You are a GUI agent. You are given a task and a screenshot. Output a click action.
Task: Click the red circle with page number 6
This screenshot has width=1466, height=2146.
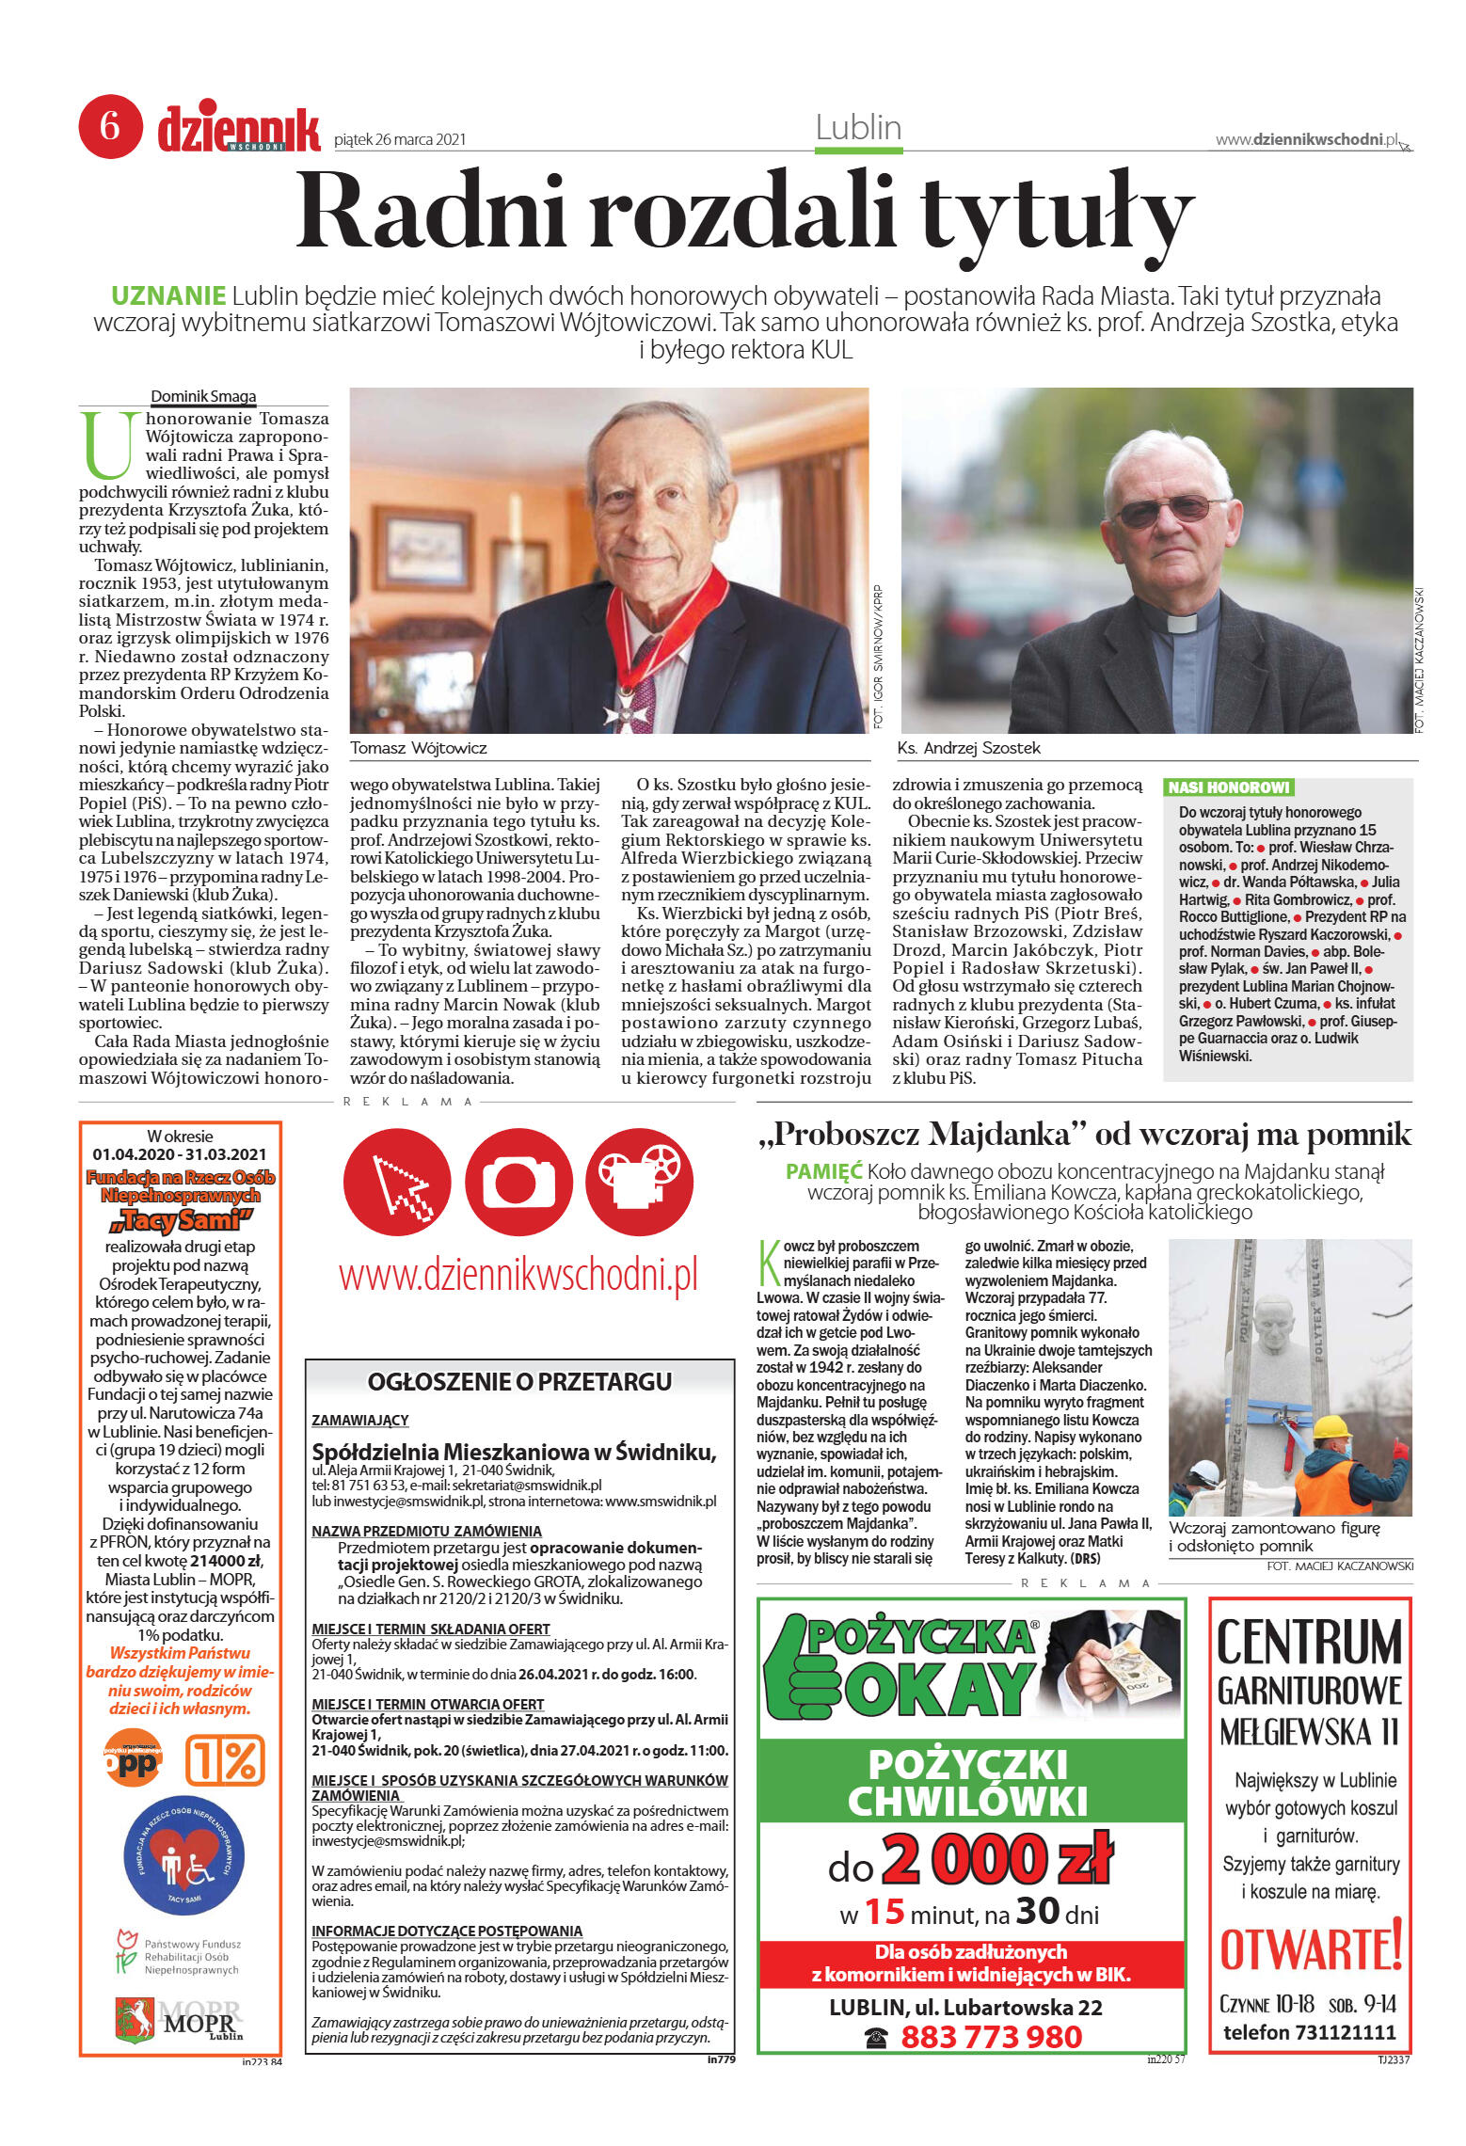click(x=110, y=125)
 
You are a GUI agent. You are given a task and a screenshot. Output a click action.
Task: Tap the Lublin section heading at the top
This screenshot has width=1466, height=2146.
click(x=858, y=128)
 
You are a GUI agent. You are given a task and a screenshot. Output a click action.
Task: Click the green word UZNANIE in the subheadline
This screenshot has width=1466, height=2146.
click(x=168, y=295)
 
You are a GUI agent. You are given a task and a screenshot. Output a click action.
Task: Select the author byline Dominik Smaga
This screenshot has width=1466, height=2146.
click(x=203, y=397)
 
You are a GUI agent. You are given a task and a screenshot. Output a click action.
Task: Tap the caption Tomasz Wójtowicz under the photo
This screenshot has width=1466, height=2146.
click(x=419, y=748)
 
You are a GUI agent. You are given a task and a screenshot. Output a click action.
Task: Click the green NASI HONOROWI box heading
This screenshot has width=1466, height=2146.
click(x=1228, y=787)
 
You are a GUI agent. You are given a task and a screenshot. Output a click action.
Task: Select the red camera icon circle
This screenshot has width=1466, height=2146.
click(x=518, y=1182)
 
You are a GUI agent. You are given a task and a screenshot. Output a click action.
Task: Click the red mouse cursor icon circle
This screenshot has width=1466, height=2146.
click(x=397, y=1182)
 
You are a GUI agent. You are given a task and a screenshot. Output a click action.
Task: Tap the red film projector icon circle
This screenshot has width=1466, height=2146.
click(x=640, y=1182)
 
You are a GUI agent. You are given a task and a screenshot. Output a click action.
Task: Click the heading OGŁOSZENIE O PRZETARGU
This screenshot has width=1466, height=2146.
click(x=519, y=1381)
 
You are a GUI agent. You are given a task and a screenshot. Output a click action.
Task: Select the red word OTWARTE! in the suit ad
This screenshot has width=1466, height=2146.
click(x=1311, y=1947)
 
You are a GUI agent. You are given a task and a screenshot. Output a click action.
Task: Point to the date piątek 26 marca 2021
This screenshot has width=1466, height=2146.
click(x=400, y=140)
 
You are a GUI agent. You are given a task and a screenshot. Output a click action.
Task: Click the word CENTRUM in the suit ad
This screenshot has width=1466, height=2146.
click(x=1309, y=1642)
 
